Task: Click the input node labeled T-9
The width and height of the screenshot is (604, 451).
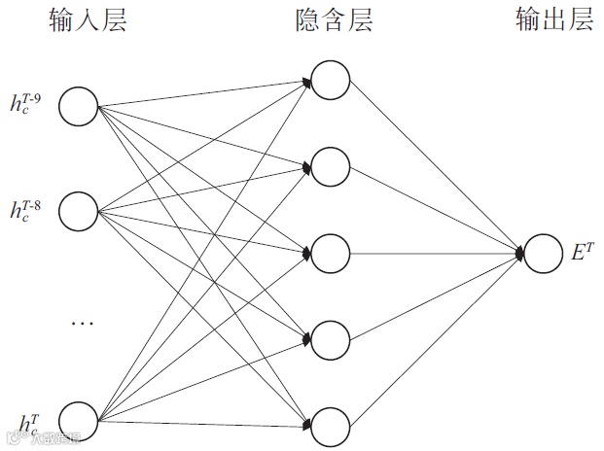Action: click(x=79, y=105)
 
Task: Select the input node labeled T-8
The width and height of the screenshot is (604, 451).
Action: click(x=79, y=208)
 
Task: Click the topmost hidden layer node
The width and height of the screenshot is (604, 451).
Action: click(x=331, y=81)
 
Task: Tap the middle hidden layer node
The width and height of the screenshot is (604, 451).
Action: click(x=331, y=254)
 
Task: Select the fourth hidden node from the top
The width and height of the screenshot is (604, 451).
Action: click(x=331, y=339)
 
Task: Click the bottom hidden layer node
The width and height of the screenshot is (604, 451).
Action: click(x=331, y=426)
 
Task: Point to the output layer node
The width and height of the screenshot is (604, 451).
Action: click(x=543, y=254)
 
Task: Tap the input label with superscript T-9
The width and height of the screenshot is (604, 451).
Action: click(x=25, y=101)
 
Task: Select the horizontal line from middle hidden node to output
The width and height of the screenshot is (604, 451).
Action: click(x=433, y=254)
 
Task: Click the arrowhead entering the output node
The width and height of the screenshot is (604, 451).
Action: click(x=520, y=254)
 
